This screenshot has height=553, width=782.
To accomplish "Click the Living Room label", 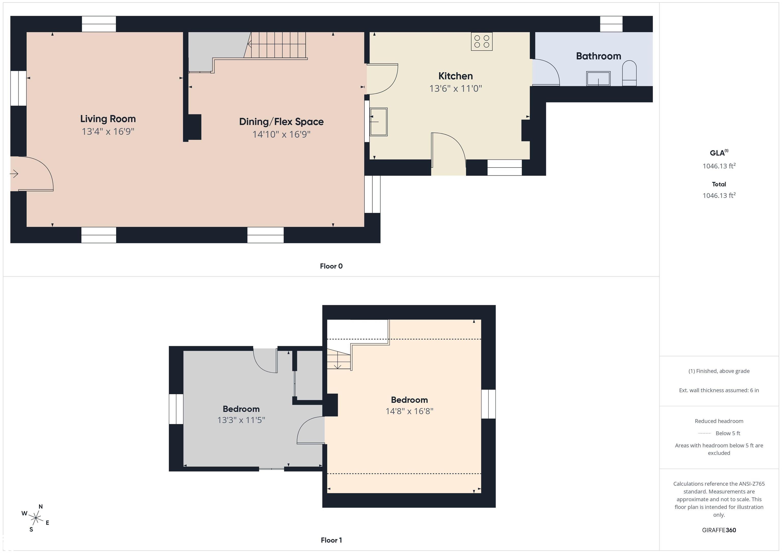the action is tap(108, 119).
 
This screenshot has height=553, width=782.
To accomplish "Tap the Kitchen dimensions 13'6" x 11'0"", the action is tap(455, 89).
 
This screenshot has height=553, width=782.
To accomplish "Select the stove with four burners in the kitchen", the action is tap(482, 41).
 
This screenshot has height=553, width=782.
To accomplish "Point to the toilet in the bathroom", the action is tap(629, 73).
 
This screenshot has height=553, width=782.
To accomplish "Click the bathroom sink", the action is tap(598, 78).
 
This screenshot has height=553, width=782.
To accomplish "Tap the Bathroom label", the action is tap(598, 56).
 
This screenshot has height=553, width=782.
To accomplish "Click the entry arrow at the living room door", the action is tap(14, 174).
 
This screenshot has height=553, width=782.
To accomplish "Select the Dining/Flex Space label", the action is tap(281, 122).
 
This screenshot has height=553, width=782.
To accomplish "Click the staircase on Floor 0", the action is tap(276, 45).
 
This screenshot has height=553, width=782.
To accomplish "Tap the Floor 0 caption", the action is tap(331, 266).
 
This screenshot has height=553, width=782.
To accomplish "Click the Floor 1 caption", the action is tap(331, 540).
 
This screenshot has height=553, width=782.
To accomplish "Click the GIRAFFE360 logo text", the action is tap(719, 530).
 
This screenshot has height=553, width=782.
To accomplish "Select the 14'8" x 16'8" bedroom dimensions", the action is tap(409, 411).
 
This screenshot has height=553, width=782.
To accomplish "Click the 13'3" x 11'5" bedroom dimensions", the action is tap(241, 420).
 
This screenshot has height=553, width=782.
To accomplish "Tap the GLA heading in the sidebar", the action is tap(719, 153).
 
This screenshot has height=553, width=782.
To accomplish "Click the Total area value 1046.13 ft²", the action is tap(719, 195).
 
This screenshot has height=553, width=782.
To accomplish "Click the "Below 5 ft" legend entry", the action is tap(728, 433).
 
